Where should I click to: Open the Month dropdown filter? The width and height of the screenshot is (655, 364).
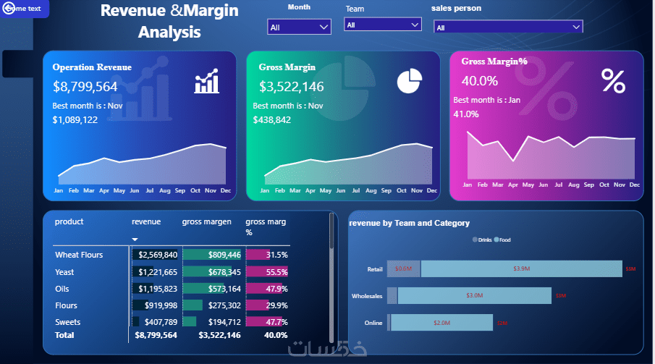point(300,27)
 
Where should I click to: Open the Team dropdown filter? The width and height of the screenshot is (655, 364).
point(382,25)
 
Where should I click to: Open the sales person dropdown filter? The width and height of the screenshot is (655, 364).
point(508,27)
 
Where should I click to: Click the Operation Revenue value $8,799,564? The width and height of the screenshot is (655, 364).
point(85,87)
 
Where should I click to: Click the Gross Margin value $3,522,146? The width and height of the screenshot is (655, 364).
point(292,87)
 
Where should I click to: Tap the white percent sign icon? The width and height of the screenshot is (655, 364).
point(613,81)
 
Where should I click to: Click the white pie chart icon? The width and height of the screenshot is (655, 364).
point(409,80)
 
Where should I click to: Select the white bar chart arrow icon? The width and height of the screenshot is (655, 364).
point(207,82)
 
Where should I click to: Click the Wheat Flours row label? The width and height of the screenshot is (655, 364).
point(79,255)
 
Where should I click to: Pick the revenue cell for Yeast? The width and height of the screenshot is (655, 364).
point(156,272)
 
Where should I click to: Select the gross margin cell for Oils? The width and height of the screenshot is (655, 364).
point(213,289)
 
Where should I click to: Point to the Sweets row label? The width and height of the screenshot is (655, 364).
point(68,322)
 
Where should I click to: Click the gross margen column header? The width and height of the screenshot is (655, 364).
point(206,222)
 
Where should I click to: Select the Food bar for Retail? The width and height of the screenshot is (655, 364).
point(521,268)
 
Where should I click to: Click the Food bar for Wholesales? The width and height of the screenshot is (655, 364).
point(474,295)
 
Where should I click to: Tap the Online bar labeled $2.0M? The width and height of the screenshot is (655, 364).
point(441,322)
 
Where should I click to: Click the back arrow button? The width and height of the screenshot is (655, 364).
point(9,9)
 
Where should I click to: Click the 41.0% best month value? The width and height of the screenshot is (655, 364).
point(466,114)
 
